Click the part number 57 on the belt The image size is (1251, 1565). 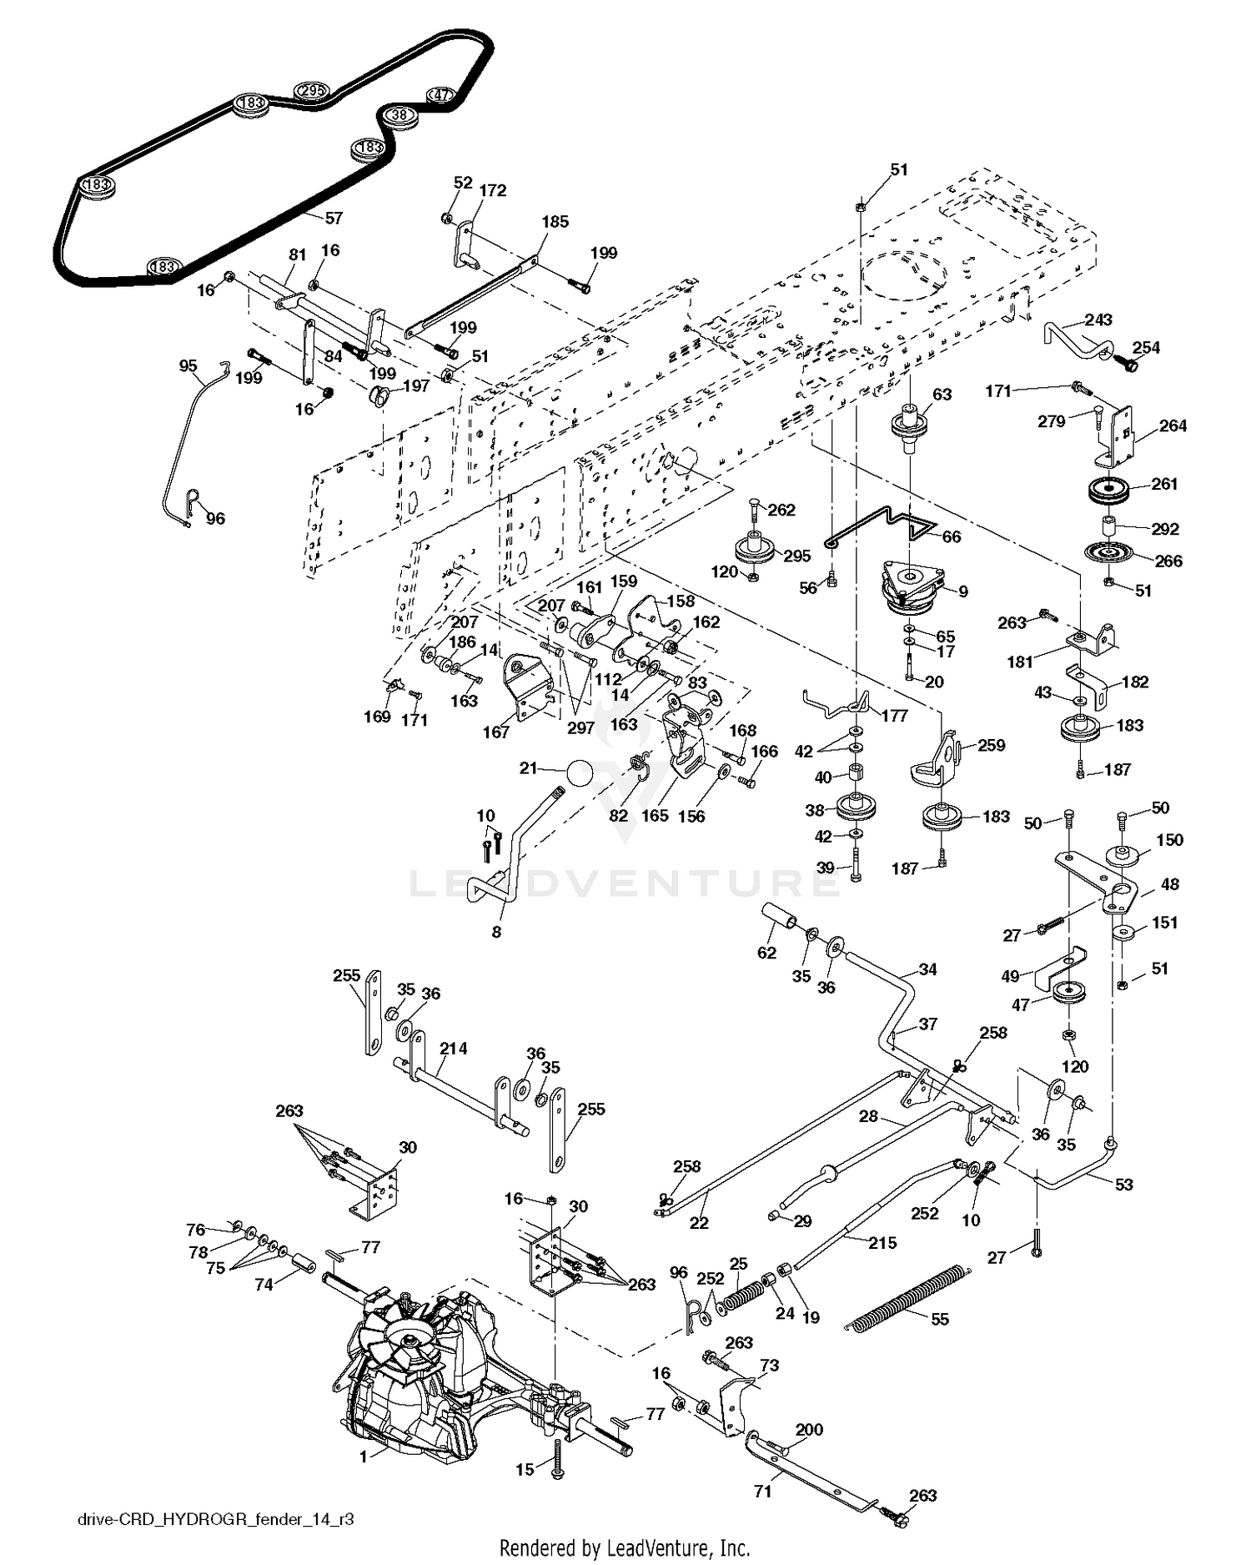(x=334, y=218)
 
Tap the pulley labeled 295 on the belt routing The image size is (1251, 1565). (x=312, y=91)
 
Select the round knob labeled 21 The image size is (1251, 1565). (x=579, y=772)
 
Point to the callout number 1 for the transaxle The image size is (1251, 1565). (x=363, y=1457)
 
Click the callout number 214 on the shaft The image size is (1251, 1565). (x=454, y=1048)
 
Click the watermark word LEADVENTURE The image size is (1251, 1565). (x=624, y=883)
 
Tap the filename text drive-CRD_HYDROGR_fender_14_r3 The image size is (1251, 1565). (x=215, y=1519)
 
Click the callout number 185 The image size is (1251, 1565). (x=555, y=222)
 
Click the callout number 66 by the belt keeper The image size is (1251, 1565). (x=952, y=536)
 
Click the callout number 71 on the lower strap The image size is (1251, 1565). (x=762, y=1491)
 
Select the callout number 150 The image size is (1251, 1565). (x=1169, y=839)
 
